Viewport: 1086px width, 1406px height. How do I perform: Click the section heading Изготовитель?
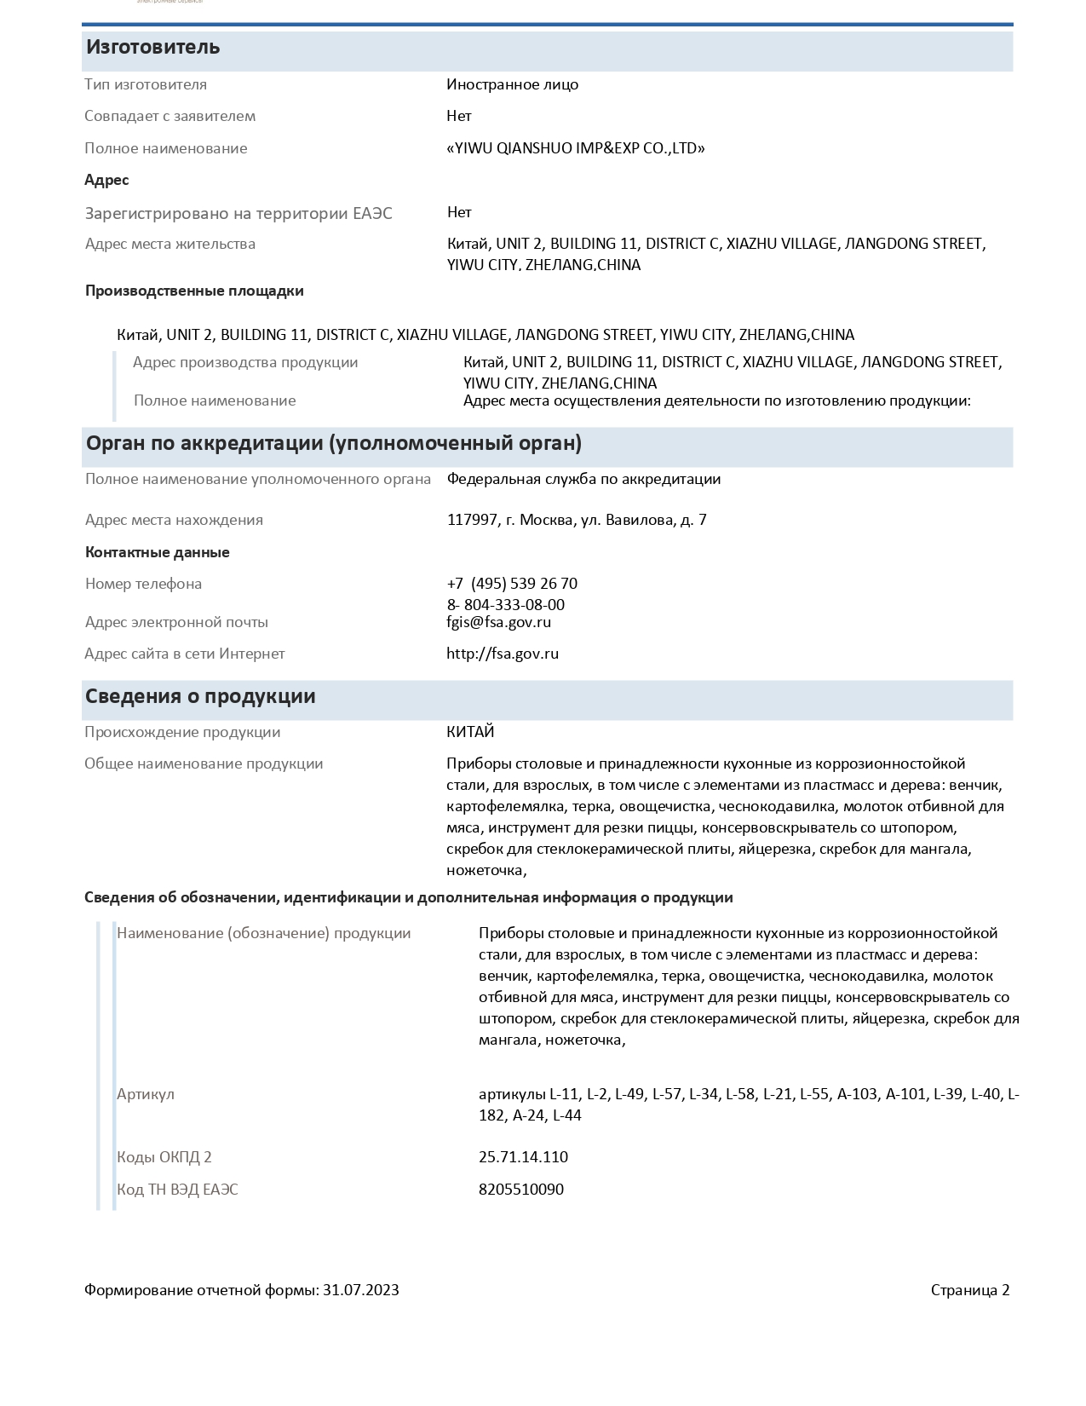(x=152, y=48)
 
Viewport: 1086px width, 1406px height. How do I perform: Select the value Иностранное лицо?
(x=512, y=84)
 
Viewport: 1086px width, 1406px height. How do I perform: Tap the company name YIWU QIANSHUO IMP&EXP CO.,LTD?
(x=576, y=148)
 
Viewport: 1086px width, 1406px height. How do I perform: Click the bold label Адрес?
(x=106, y=180)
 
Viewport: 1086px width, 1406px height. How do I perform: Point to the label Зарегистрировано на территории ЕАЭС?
(x=238, y=213)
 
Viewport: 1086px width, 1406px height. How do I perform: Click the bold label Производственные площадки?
(x=194, y=291)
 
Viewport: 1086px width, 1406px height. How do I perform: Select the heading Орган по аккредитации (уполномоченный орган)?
(x=333, y=443)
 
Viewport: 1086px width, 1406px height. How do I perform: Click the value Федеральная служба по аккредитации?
(x=583, y=479)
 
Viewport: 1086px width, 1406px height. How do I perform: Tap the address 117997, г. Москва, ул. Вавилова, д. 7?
(x=577, y=520)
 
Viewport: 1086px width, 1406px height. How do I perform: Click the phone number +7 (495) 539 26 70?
(x=512, y=584)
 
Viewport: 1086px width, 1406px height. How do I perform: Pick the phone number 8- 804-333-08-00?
(x=505, y=605)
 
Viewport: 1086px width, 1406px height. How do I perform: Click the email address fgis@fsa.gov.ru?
(x=498, y=622)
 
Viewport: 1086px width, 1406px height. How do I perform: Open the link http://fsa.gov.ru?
(x=503, y=654)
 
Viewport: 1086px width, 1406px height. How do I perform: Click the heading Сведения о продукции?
(x=200, y=696)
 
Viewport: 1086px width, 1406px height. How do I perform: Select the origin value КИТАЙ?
(x=470, y=732)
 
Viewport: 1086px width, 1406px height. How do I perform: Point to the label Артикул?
(x=146, y=1094)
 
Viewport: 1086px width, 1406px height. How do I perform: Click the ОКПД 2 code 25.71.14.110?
(x=523, y=1157)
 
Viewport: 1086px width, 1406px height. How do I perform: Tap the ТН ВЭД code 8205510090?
(x=520, y=1190)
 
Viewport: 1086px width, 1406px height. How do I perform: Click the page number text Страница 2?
(x=969, y=1290)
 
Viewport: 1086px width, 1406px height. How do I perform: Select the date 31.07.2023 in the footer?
(x=360, y=1290)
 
